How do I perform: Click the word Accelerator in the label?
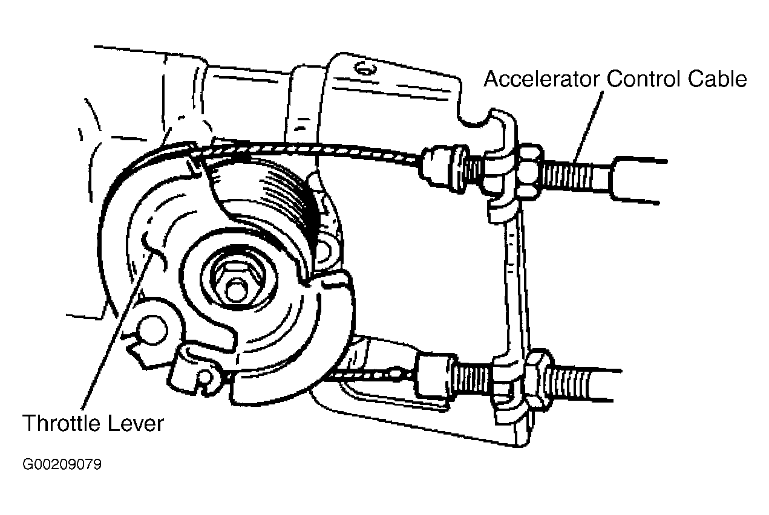(x=541, y=79)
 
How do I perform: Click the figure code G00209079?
(x=62, y=465)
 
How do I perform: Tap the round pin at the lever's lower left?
(x=152, y=330)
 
